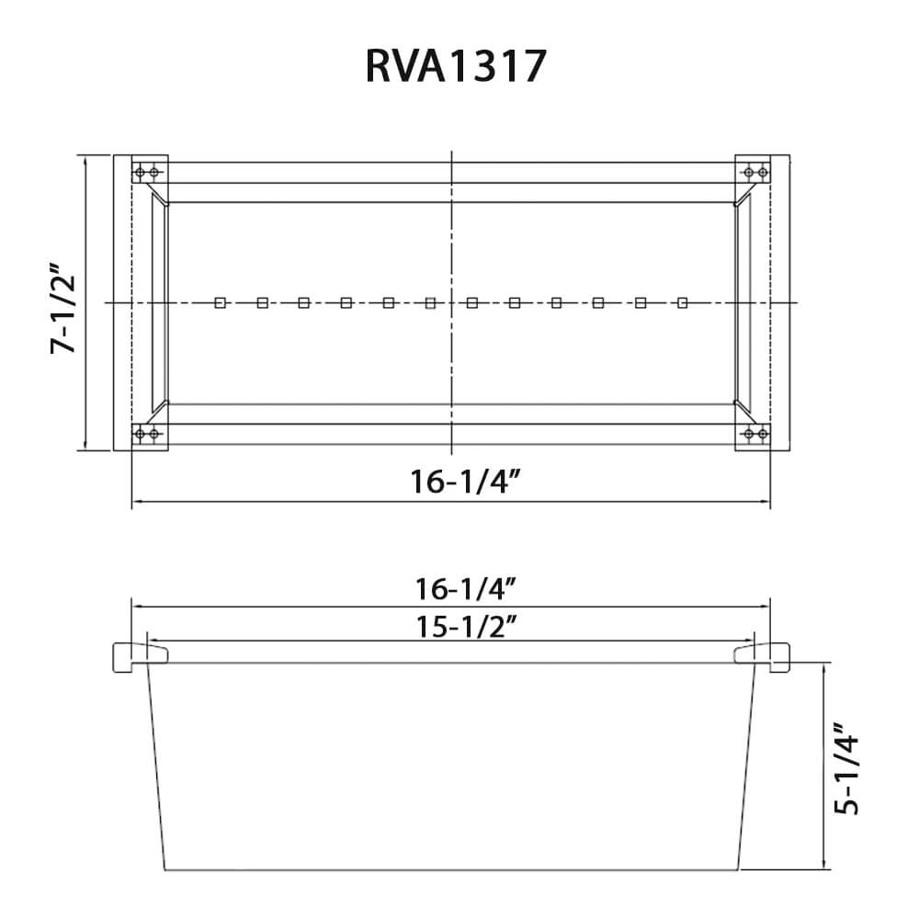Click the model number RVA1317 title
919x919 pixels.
[x=457, y=66]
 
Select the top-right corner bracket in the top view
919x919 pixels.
[x=755, y=172]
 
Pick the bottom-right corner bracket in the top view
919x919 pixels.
[x=755, y=434]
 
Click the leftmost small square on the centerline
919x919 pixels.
[x=220, y=303]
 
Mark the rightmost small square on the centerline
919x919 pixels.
[x=682, y=303]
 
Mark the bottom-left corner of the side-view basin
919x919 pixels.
[x=165, y=869]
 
